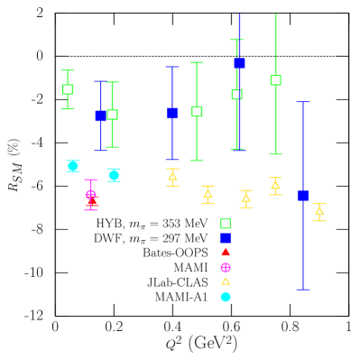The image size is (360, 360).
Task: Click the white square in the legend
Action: click(226, 224)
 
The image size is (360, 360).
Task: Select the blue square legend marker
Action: click(226, 238)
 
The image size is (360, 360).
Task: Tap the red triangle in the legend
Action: click(226, 252)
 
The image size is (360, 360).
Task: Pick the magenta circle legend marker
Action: click(226, 267)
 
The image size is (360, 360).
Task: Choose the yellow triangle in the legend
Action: click(226, 282)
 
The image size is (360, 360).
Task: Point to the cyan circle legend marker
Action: click(226, 297)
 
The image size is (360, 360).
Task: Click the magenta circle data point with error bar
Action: click(91, 194)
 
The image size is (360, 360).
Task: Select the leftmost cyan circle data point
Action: click(73, 166)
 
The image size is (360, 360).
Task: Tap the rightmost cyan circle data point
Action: click(114, 175)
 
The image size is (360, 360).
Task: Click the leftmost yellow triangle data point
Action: click(172, 177)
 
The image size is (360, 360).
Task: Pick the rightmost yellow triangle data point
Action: click(318, 211)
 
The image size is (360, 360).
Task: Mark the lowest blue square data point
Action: click(303, 196)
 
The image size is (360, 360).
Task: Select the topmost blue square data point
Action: click(239, 63)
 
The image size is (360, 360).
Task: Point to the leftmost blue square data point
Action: click(101, 115)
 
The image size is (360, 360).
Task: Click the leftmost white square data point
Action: click(68, 89)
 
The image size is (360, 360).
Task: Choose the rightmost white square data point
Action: click(275, 80)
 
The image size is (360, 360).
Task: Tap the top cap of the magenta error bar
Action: click(91, 180)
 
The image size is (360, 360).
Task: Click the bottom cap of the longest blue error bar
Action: click(303, 289)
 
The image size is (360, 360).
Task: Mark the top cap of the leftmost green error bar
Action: click(68, 70)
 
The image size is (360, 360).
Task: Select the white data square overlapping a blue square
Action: click(112, 115)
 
